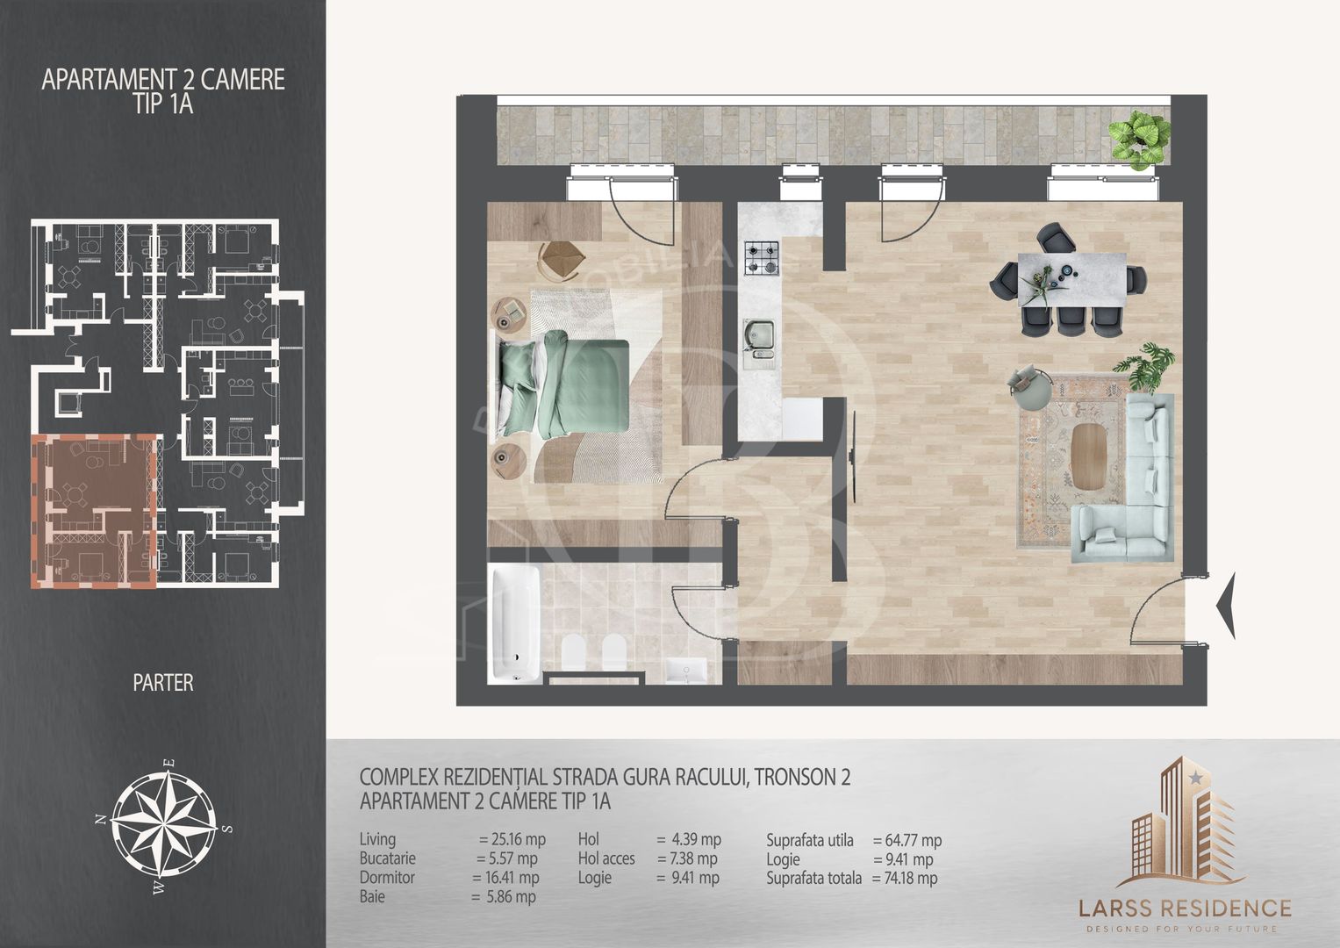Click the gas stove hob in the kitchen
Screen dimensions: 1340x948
coord(762,258)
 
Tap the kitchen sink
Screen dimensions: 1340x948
coord(758,343)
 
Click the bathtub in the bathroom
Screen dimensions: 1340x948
coord(514,623)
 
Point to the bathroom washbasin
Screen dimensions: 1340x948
coord(686,670)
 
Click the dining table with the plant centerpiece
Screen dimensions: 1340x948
coord(1071,279)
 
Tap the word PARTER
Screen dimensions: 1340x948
coord(163,683)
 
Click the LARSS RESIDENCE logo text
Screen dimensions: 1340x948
coord(1185,908)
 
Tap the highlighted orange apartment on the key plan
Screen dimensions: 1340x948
coord(94,511)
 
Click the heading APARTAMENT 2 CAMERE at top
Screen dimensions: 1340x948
coord(163,80)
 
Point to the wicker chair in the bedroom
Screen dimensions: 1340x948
coord(561,259)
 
